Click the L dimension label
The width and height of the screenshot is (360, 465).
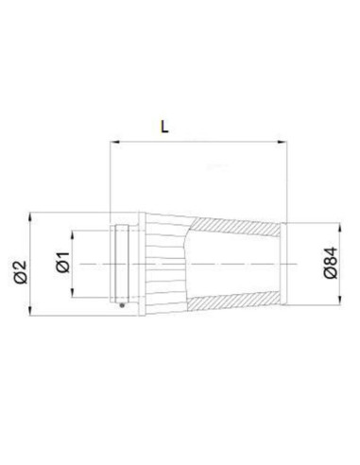pyautogui.click(x=164, y=127)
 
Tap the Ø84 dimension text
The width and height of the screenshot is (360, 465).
pyautogui.click(x=331, y=263)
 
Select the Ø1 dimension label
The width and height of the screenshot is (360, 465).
pyautogui.click(x=63, y=262)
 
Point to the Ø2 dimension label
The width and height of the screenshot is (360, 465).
pyautogui.click(x=21, y=272)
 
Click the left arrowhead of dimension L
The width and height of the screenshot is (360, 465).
pyautogui.click(x=115, y=143)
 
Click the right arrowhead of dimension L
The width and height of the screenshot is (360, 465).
pyautogui.click(x=282, y=143)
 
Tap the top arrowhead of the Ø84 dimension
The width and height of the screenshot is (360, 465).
pyautogui.click(x=339, y=228)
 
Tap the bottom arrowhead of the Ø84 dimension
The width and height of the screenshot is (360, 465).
pyautogui.click(x=339, y=300)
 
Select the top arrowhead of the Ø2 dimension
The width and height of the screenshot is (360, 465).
pyautogui.click(x=30, y=218)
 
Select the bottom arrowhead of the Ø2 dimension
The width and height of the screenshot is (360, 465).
pyautogui.click(x=30, y=310)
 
